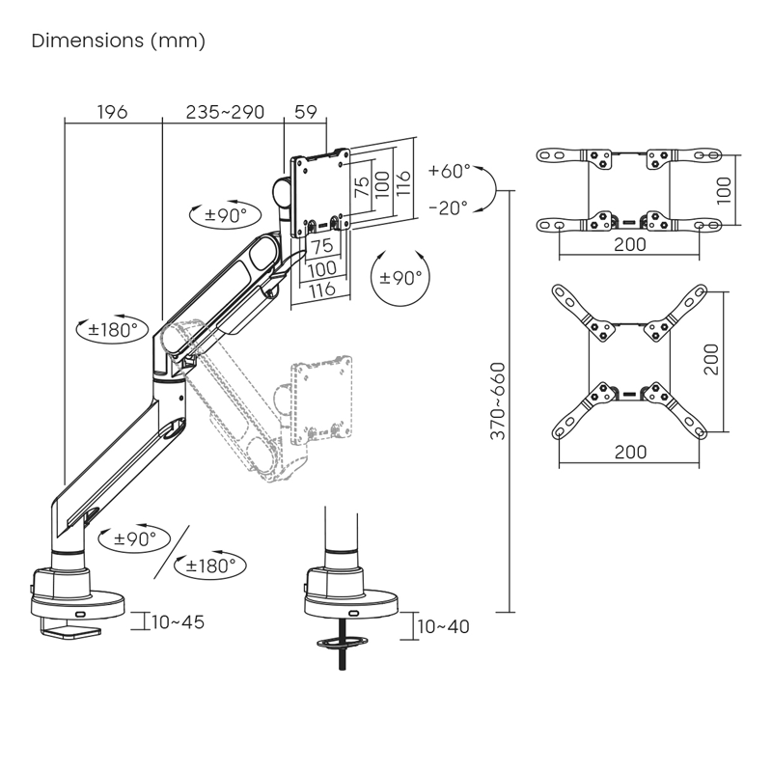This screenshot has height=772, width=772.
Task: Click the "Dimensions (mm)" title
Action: click(x=119, y=41)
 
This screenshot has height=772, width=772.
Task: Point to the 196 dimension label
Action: click(x=113, y=112)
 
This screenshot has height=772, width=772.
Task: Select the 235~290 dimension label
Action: click(x=225, y=112)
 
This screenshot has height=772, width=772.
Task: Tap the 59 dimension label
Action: click(x=305, y=112)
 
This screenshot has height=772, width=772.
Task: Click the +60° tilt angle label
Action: click(x=449, y=172)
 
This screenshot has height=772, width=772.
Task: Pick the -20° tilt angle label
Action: click(x=448, y=207)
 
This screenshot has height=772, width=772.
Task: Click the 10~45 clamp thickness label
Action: click(x=179, y=621)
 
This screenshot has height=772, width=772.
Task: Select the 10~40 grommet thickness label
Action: click(x=444, y=626)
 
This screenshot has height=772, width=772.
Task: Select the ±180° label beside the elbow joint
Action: click(x=114, y=329)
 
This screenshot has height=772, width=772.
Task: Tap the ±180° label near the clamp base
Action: click(x=210, y=565)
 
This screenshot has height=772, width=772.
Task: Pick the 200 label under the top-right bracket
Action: click(x=629, y=245)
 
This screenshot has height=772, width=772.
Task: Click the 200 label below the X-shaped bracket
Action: click(x=629, y=452)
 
